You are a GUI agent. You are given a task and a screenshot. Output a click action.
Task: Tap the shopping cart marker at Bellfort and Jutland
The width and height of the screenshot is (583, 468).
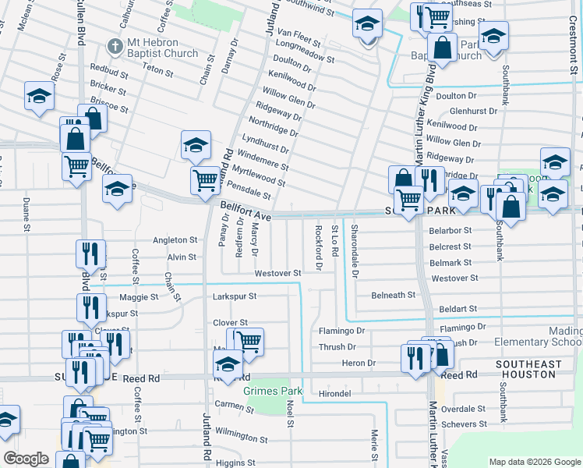(205, 179)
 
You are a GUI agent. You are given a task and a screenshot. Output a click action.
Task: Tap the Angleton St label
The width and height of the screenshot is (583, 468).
(175, 240)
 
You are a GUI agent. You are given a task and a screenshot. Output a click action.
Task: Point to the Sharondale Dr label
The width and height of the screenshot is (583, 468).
(355, 251)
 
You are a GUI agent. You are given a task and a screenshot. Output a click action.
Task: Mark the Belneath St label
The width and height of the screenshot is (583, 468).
(393, 295)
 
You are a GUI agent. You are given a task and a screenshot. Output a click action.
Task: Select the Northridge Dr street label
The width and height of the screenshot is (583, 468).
(270, 132)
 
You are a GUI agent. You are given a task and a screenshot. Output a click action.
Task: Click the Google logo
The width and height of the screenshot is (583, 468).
(26, 459)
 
